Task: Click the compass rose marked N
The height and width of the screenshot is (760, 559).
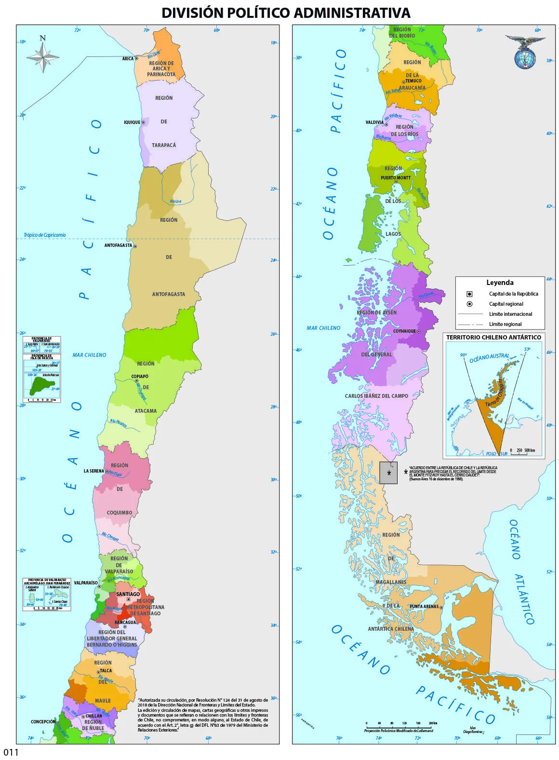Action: pos(43,56)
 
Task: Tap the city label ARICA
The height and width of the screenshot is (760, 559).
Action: pos(128,59)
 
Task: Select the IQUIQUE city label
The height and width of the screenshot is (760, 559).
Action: pos(132,122)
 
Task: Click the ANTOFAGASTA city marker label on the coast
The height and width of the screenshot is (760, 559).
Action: pos(118,245)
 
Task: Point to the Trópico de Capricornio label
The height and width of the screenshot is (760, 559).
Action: pos(45,235)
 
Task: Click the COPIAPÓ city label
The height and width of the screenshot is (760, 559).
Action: pos(140,377)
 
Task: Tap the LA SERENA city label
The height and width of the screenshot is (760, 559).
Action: pos(93,471)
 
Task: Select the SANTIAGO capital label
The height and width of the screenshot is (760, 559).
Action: pos(128,594)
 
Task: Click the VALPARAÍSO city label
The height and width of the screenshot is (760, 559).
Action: pos(86,583)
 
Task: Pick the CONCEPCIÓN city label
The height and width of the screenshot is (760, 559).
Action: pos(43,722)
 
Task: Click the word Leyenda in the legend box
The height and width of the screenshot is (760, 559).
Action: pos(500,283)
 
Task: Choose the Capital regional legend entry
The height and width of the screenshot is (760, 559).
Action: pos(506,304)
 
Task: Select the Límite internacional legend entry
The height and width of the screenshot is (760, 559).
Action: pos(510,314)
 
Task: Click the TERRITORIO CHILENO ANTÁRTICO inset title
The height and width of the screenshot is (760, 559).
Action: pos(493,338)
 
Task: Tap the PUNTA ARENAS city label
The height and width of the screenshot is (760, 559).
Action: pos(424,607)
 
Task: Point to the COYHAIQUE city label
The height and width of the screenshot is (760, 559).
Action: pos(404,331)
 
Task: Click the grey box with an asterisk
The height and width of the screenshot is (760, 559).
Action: pos(388,473)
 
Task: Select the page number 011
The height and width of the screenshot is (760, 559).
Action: pos(11,752)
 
